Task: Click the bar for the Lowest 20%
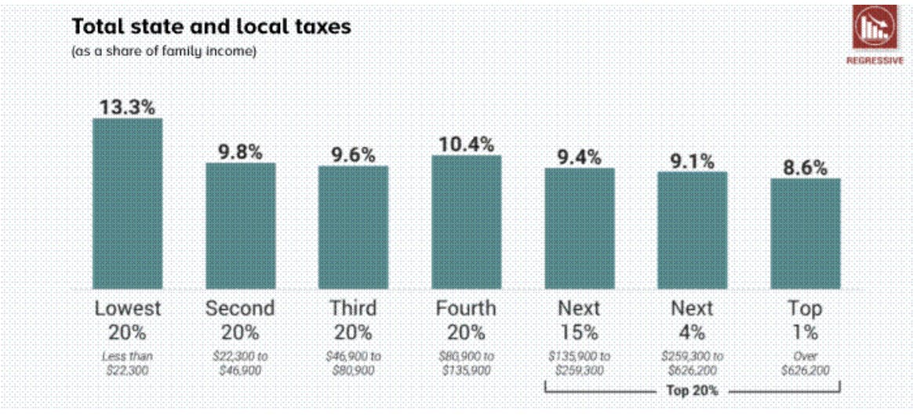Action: tap(127, 204)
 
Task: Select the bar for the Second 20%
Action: tap(240, 226)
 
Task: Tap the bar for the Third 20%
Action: tap(353, 228)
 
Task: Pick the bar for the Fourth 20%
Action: tap(466, 222)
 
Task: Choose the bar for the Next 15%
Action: tap(580, 228)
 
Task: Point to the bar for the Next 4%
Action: tap(692, 231)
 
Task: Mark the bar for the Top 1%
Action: tap(805, 234)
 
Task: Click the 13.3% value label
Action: tap(127, 107)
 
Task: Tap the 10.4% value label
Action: tap(466, 144)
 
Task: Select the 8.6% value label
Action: tap(805, 167)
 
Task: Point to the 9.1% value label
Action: tap(692, 161)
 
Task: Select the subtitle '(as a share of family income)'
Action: tap(164, 52)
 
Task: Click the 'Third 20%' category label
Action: tap(353, 319)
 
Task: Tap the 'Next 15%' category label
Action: tap(579, 319)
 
